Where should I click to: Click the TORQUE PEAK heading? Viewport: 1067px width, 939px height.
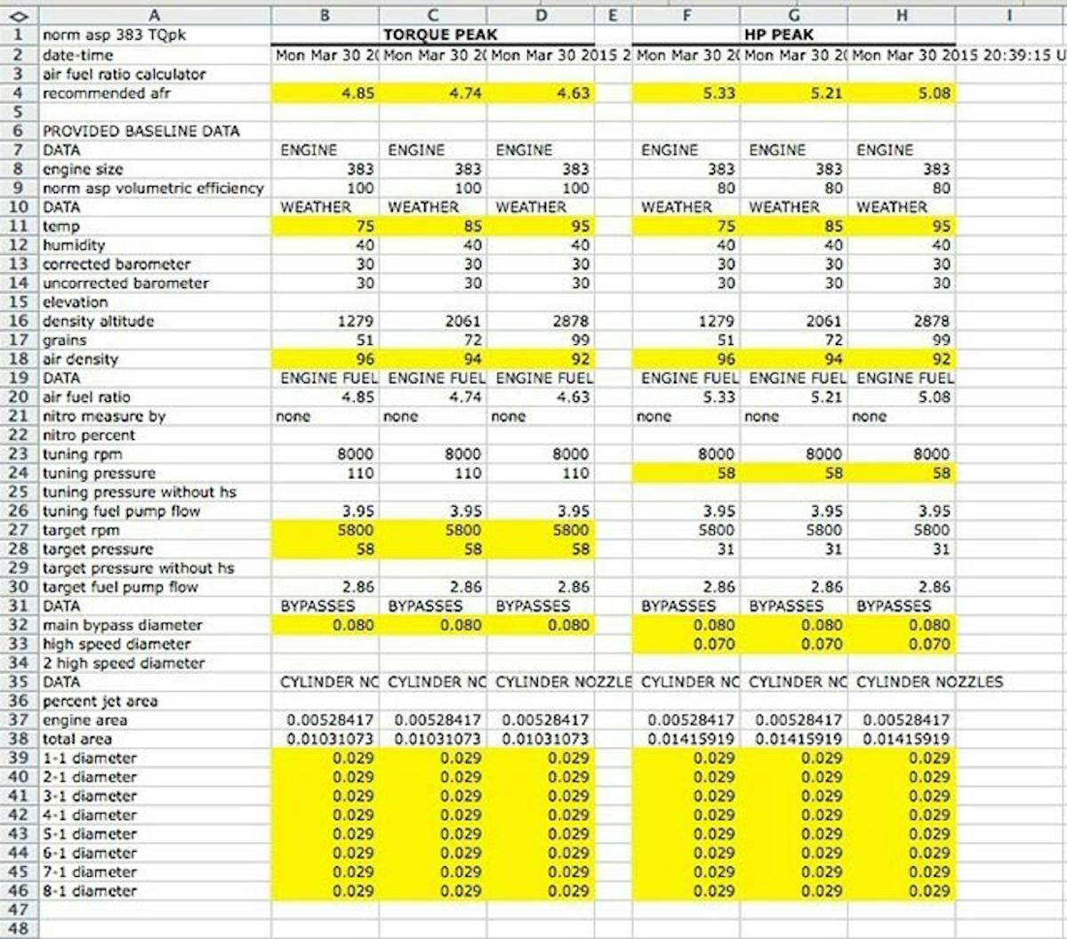point(440,36)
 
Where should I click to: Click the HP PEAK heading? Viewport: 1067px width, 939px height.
point(779,36)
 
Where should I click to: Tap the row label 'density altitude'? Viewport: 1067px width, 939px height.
point(98,321)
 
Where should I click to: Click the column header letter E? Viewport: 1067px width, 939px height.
point(613,15)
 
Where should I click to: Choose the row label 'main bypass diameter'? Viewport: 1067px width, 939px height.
point(123,625)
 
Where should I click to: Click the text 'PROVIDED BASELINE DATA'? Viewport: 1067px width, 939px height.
point(140,131)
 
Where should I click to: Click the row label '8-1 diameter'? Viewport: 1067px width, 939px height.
point(90,891)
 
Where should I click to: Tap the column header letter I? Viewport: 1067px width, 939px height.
point(1009,15)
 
